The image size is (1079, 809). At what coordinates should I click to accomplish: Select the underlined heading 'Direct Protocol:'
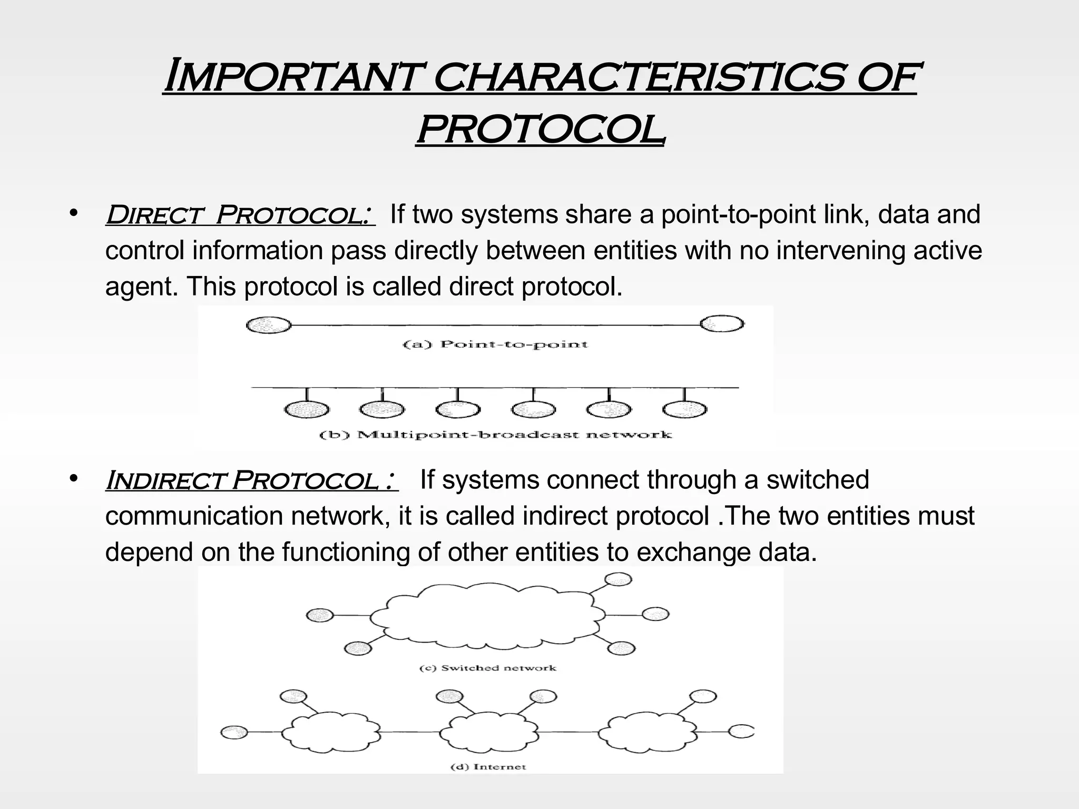[x=240, y=215]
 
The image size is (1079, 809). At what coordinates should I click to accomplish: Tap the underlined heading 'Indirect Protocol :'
[x=252, y=480]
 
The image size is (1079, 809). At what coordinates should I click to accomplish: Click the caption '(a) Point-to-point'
[x=495, y=344]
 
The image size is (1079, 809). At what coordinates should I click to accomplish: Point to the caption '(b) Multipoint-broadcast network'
[x=496, y=435]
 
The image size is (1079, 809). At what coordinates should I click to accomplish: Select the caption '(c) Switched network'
[x=488, y=668]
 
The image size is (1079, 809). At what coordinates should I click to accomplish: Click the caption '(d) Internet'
[x=488, y=766]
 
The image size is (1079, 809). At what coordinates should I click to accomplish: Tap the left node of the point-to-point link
[x=269, y=325]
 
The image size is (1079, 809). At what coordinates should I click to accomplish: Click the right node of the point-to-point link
[x=722, y=323]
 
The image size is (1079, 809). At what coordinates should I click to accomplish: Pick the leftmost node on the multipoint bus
[x=307, y=409]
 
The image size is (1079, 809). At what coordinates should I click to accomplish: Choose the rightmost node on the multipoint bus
[x=684, y=409]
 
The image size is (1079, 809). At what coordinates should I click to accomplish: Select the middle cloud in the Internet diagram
[x=488, y=732]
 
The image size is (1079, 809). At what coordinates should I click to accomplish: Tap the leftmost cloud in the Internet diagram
[x=331, y=732]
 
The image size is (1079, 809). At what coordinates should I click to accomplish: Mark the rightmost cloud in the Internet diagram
[x=647, y=732]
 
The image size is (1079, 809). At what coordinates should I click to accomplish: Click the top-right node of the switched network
[x=618, y=579]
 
